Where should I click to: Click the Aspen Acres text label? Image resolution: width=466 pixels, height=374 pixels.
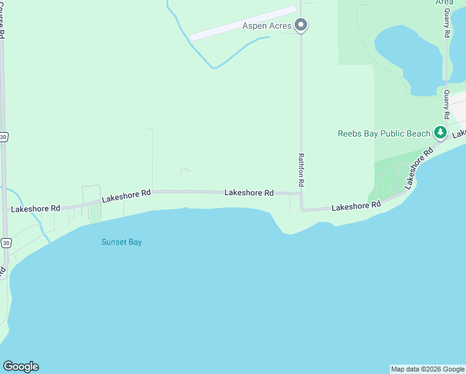click(x=267, y=26)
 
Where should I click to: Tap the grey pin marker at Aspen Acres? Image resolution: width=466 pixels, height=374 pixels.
click(x=301, y=26)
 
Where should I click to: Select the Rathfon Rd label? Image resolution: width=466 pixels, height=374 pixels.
click(x=301, y=171)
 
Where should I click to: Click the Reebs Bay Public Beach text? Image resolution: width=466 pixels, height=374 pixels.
click(x=384, y=133)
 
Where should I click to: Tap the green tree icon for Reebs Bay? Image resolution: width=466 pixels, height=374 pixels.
click(x=440, y=132)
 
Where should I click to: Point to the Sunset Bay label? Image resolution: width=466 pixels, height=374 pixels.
click(x=121, y=242)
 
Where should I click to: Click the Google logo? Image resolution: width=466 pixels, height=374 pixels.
click(x=21, y=367)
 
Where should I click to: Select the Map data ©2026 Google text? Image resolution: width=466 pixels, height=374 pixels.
click(x=428, y=369)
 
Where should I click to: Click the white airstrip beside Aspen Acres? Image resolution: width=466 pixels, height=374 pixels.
click(x=243, y=24)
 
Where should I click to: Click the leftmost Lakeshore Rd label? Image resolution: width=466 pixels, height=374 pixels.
click(x=34, y=208)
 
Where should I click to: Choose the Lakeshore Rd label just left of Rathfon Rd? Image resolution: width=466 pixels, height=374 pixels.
click(x=249, y=193)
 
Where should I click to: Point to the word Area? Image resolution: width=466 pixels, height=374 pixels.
click(x=444, y=2)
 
